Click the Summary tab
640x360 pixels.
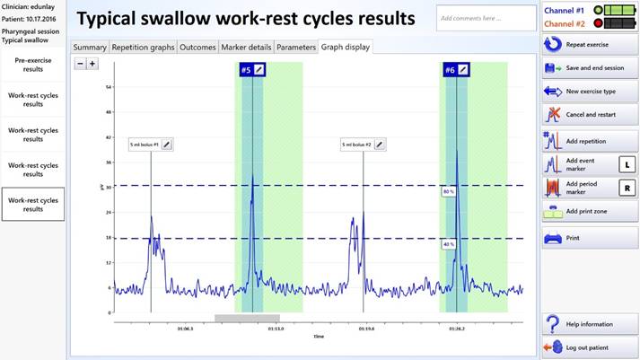tap(90, 47)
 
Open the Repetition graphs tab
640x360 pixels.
tap(143, 47)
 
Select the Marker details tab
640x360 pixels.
tap(246, 47)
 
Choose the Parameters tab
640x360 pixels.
tap(295, 47)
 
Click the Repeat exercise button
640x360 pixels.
tap(588, 43)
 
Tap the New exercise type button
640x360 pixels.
tap(588, 91)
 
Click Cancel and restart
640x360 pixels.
tap(588, 115)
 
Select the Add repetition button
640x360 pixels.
tap(588, 141)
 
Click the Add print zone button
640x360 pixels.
tap(588, 212)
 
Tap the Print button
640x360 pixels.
tap(588, 238)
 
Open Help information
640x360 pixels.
tap(588, 324)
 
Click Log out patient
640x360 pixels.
tap(588, 347)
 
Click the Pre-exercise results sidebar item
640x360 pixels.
tap(33, 64)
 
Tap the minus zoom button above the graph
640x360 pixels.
tap(80, 64)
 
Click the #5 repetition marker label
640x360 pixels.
tap(246, 69)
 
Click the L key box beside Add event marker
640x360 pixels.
tap(627, 164)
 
